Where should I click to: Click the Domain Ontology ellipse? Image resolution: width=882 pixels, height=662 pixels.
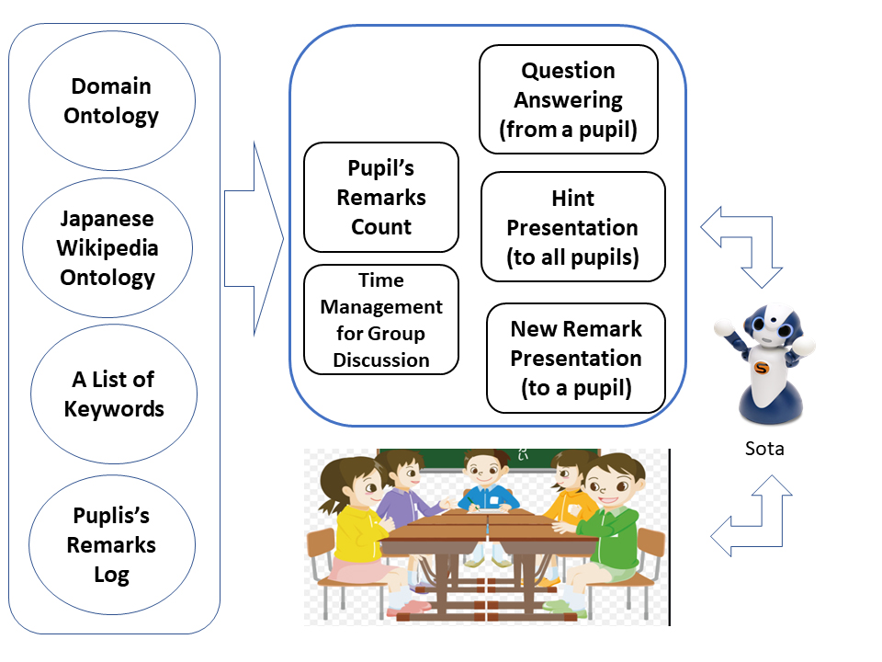(112, 101)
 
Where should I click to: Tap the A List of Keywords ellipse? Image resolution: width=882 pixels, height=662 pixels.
(112, 394)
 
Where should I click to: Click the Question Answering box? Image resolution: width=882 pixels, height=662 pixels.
(569, 99)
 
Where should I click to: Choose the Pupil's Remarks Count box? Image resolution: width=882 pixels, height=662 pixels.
(381, 197)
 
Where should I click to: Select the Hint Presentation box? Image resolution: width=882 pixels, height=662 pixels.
(572, 226)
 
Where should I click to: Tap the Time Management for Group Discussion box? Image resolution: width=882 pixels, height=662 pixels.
(381, 319)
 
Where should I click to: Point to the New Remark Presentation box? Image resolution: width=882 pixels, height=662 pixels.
(576, 358)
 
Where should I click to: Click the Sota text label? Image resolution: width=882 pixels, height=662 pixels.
(764, 449)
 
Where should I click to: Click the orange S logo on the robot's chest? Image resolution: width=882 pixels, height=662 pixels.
(761, 368)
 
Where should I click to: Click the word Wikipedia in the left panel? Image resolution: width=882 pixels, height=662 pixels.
(107, 248)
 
